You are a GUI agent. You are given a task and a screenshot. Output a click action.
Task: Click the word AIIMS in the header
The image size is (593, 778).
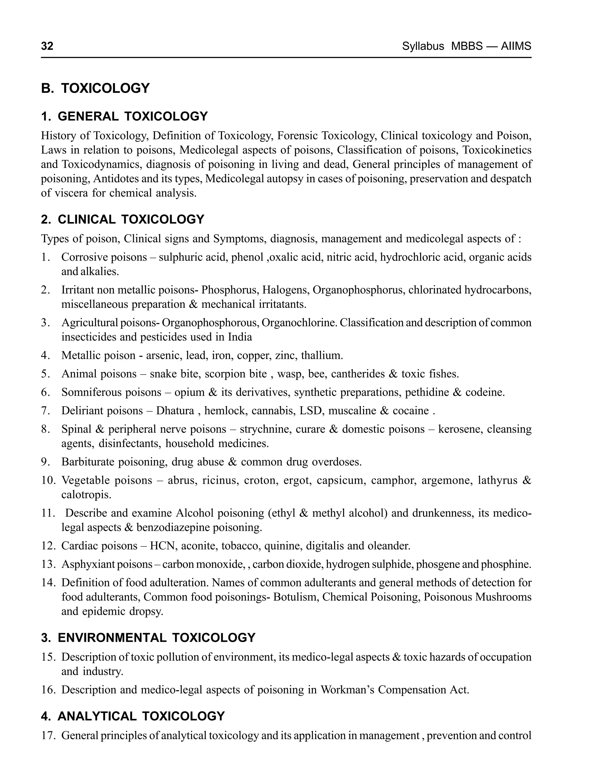pyautogui.click(x=516, y=46)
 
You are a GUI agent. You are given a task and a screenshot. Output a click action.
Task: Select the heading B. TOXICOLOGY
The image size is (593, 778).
pyautogui.click(x=95, y=88)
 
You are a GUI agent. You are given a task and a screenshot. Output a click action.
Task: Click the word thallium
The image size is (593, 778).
pyautogui.click(x=322, y=355)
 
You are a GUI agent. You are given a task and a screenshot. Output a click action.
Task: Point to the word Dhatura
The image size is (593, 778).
pyautogui.click(x=175, y=410)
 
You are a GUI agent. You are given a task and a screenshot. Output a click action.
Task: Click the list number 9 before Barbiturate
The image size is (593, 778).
pyautogui.click(x=45, y=462)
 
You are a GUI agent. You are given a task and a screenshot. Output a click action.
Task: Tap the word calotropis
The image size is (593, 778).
pyautogui.click(x=86, y=495)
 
